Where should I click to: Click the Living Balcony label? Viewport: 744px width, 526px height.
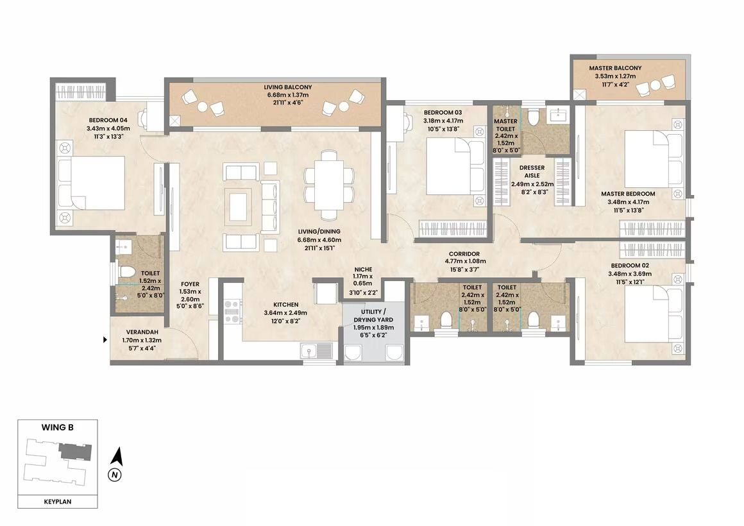[287, 87]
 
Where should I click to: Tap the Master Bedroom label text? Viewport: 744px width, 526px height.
[628, 194]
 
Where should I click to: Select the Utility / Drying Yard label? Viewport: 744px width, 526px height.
[373, 316]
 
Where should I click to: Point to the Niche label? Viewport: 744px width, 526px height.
[363, 269]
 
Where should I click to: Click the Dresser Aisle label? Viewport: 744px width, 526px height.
[532, 171]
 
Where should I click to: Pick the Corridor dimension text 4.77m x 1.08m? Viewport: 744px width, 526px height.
[465, 261]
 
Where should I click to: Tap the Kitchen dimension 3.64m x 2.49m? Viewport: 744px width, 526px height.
[285, 313]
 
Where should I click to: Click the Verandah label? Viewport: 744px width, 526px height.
[142, 332]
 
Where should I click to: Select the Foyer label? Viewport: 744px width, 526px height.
[190, 284]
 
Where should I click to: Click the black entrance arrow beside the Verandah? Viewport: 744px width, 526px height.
[105, 339]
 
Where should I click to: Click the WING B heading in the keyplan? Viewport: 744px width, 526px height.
[58, 427]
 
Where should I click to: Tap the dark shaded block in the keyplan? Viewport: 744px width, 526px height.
[74, 451]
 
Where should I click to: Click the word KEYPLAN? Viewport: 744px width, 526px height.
[58, 502]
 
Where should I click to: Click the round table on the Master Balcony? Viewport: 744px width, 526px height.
[655, 85]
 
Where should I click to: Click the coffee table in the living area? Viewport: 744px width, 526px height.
[239, 205]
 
